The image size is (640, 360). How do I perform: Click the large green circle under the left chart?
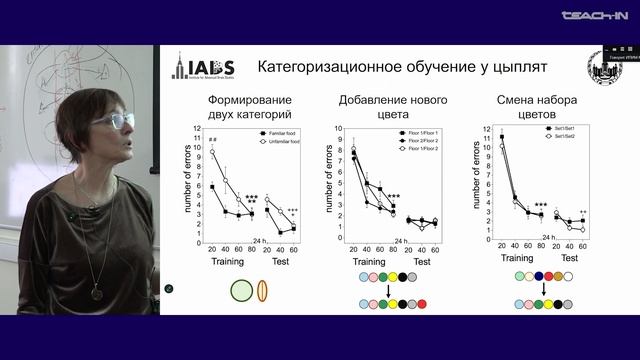pos(242,291)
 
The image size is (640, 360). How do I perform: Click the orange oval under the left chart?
pos(264,291)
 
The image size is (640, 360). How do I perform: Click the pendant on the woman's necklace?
pos(97,292)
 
